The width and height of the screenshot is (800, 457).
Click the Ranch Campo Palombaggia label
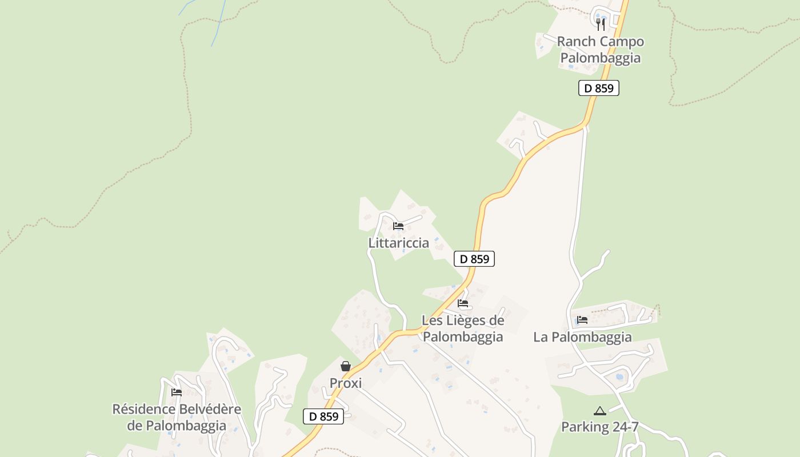coord(600,50)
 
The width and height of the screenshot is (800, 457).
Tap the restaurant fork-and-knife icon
coord(600,24)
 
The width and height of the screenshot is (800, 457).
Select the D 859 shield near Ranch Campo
coord(598,88)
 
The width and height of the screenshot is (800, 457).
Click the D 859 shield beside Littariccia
coord(474,259)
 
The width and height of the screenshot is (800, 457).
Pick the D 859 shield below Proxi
coord(323,416)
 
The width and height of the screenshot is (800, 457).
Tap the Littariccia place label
coord(398,243)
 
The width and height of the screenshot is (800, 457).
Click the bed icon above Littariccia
coord(398,226)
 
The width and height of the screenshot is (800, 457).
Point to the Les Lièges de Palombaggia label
coord(463,328)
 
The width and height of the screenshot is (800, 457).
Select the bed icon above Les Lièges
coord(463,303)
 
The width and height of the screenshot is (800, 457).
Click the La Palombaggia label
coord(582,337)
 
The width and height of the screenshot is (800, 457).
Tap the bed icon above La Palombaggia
coord(582,320)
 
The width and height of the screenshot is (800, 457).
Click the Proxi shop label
coord(346,383)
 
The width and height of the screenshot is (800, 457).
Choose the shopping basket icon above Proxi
coord(346,366)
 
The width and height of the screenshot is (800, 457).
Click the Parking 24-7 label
coord(599,427)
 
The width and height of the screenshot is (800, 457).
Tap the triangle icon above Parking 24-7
coord(599,411)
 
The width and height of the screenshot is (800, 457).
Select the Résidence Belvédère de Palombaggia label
coord(177,418)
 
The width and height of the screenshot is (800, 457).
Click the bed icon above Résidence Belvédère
coord(177,392)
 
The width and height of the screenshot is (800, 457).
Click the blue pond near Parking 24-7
coord(619,377)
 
